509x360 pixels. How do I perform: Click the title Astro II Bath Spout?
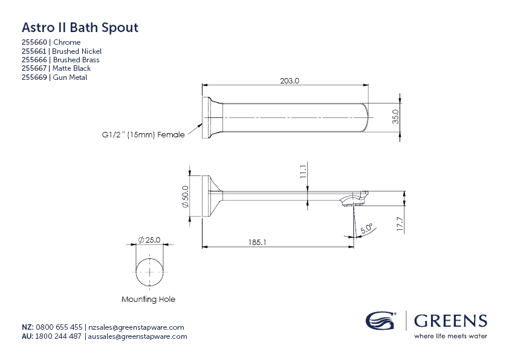pyautogui.click(x=80, y=28)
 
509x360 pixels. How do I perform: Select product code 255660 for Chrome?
pyautogui.click(x=36, y=42)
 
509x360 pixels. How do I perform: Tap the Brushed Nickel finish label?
pyautogui.click(x=77, y=51)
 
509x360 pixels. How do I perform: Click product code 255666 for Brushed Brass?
pyautogui.click(x=36, y=60)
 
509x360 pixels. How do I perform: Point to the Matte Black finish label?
pyautogui.click(x=72, y=69)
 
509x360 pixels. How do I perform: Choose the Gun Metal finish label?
pyautogui.click(x=70, y=77)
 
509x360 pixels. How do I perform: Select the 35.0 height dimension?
pyautogui.click(x=396, y=116)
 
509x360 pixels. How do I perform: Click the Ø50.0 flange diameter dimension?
pyautogui.click(x=186, y=197)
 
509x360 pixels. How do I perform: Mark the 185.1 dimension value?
pyautogui.click(x=256, y=242)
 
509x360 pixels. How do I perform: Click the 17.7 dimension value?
pyautogui.click(x=399, y=224)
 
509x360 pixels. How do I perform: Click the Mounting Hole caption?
pyautogui.click(x=148, y=299)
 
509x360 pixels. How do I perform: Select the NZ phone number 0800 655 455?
pyautogui.click(x=59, y=327)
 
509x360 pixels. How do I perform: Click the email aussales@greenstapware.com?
pyautogui.click(x=138, y=336)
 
